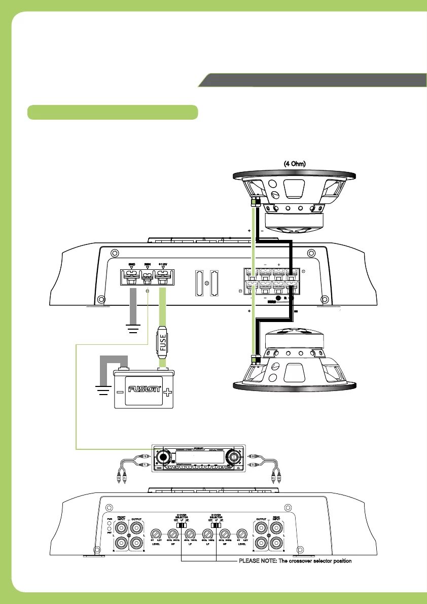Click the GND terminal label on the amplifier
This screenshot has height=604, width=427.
[131, 264]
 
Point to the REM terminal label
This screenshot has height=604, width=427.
[148, 264]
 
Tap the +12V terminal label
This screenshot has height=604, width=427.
[163, 264]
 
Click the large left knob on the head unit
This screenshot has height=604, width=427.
[164, 456]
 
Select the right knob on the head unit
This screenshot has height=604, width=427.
[234, 456]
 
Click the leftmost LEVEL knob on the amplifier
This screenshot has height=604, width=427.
[157, 534]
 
